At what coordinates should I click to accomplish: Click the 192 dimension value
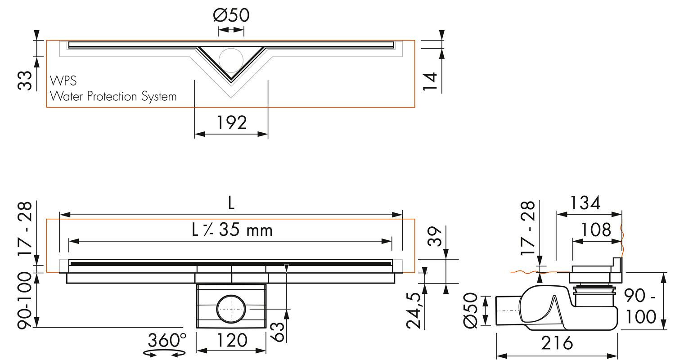(232, 122)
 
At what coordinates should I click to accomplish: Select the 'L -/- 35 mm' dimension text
(232, 230)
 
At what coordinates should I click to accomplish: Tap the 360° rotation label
(167, 340)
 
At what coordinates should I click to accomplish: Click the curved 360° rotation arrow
(164, 353)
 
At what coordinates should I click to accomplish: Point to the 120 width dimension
(232, 340)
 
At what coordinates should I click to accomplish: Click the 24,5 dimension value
(413, 310)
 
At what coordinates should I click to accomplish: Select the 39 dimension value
(434, 237)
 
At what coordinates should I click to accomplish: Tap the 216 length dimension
(557, 343)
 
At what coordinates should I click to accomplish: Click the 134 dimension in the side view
(585, 203)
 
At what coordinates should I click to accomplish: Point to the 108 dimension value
(596, 230)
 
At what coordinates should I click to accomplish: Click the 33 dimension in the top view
(25, 81)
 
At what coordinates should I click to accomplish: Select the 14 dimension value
(430, 81)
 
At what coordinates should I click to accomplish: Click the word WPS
(63, 81)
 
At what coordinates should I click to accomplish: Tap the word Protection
(112, 96)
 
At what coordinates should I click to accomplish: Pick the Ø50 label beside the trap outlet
(470, 310)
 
